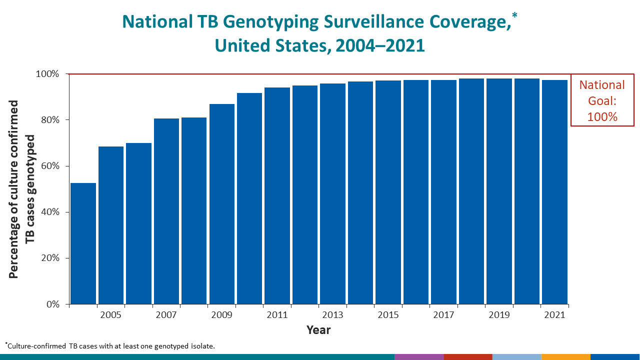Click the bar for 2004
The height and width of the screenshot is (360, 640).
[x=83, y=243]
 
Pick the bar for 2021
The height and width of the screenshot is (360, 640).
[x=554, y=192]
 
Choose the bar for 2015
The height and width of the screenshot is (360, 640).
[x=388, y=192]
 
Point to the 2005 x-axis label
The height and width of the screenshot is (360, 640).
[x=110, y=315]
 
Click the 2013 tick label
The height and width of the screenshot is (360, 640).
[x=332, y=315]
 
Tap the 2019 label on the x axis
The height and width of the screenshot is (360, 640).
[x=499, y=315]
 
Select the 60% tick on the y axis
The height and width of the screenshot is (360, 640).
[x=49, y=166]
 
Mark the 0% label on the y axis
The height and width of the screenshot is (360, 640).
[x=52, y=304]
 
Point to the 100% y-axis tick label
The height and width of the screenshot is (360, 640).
[x=47, y=74]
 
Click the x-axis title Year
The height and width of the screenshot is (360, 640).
[x=318, y=330]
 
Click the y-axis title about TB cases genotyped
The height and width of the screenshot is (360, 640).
[x=22, y=189]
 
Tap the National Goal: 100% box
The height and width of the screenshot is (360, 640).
[x=602, y=100]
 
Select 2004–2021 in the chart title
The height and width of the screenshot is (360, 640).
[x=380, y=45]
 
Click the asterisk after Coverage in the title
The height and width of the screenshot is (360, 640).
[x=514, y=16]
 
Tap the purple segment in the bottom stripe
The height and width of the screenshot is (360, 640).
[x=418, y=357]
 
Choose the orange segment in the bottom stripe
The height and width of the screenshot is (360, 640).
[x=565, y=357]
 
